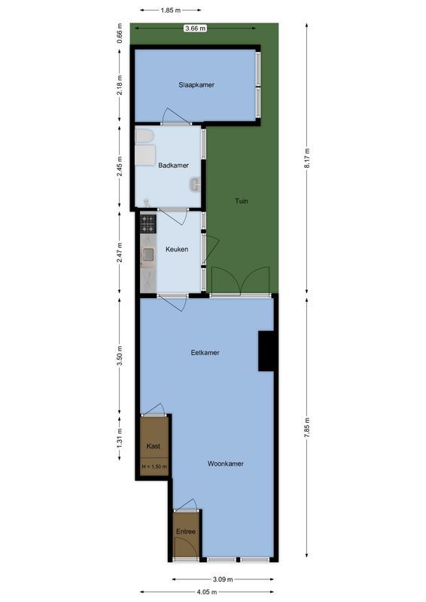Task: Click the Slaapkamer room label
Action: [x=196, y=85]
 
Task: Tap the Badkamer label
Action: [x=173, y=166]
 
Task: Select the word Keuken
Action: [x=177, y=249]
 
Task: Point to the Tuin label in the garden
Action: [x=241, y=201]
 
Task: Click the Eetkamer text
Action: [x=205, y=351]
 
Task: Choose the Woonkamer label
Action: [x=226, y=464]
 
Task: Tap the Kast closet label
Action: [x=154, y=445]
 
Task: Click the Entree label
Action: [x=186, y=531]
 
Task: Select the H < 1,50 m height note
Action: [x=154, y=467]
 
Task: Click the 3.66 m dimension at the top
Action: [x=196, y=29]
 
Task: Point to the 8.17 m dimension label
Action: [x=308, y=159]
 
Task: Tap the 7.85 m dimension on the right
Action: [x=308, y=429]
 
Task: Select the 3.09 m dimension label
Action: [x=224, y=579]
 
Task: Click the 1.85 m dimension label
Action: [x=171, y=11]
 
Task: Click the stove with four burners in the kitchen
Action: [x=148, y=223]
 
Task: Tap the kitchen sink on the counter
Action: [x=148, y=255]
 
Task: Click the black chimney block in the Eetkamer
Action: [x=266, y=351]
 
